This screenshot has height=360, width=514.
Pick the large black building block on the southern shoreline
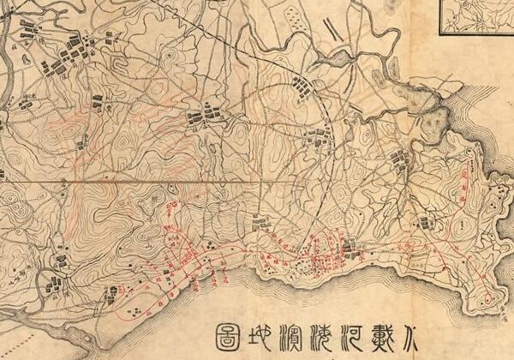[348, 249]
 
